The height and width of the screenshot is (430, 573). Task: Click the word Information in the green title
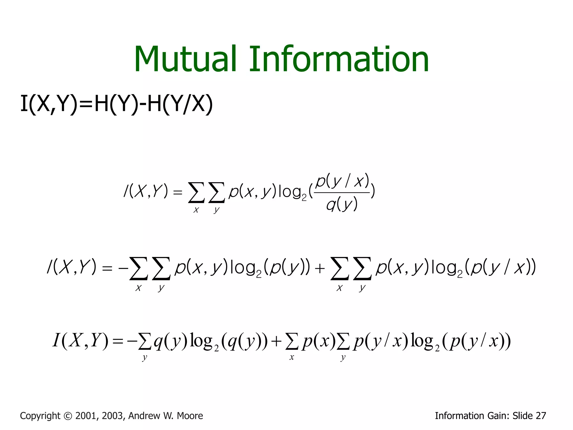point(339,59)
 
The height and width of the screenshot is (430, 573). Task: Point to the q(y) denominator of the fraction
point(342,205)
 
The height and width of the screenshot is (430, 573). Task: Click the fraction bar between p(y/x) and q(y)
point(342,193)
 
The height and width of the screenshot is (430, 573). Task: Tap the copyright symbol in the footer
point(68,416)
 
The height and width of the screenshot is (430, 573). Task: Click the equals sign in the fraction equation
point(178,192)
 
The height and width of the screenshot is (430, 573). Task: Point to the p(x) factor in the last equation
point(319,342)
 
